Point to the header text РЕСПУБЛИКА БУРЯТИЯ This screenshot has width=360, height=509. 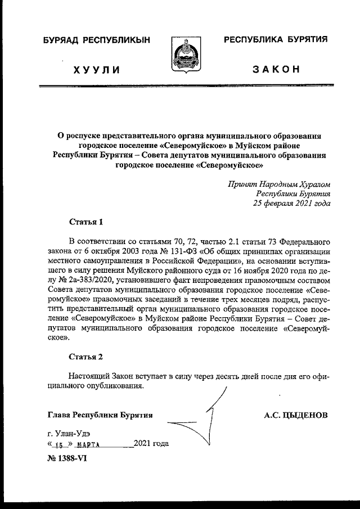[276, 41]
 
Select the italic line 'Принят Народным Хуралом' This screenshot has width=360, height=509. [279, 184]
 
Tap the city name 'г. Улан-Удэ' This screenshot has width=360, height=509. [69, 434]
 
